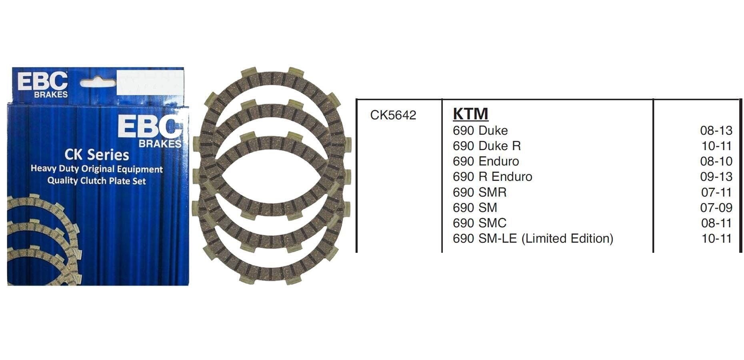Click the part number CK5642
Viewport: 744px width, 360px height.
393,115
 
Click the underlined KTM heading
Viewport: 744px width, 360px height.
470,114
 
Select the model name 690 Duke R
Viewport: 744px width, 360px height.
486,146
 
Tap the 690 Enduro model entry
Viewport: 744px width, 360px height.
486,161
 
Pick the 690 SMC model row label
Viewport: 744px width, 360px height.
479,223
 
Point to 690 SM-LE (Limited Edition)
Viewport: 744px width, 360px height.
533,238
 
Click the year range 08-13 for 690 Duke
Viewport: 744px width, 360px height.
716,130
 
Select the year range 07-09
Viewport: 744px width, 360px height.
716,208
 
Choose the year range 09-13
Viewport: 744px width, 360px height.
716,177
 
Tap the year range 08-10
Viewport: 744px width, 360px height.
716,161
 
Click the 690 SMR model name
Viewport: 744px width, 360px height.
479,192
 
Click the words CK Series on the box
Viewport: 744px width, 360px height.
97,155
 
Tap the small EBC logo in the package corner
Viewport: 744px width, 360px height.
42,84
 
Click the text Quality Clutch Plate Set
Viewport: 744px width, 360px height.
97,181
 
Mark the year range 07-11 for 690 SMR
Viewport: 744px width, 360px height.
716,192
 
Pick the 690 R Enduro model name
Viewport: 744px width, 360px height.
492,177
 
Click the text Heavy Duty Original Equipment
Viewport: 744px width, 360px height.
97,169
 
